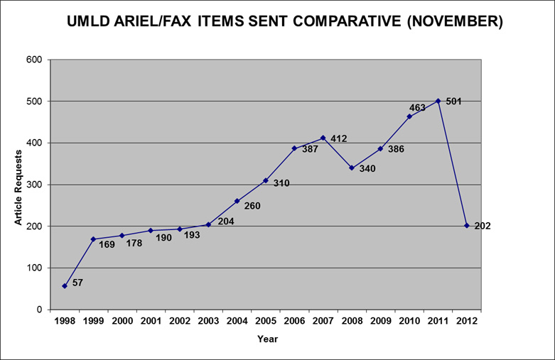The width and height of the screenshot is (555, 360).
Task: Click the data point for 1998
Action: click(x=65, y=286)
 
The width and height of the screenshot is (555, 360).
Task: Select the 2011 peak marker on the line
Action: click(x=438, y=101)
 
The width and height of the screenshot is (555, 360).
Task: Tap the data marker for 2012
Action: click(x=467, y=226)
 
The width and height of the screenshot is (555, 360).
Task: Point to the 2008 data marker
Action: click(x=352, y=168)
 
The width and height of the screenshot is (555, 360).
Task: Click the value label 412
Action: click(x=338, y=139)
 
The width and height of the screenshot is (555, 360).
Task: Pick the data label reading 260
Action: click(x=252, y=207)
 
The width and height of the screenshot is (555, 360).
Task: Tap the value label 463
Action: click(x=418, y=108)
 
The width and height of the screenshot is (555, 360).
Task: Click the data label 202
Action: click(x=483, y=227)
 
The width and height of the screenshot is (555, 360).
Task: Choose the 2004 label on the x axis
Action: click(x=237, y=322)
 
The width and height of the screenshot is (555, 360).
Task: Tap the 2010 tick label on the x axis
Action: click(x=409, y=322)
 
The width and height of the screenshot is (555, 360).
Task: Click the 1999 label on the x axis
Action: click(x=93, y=322)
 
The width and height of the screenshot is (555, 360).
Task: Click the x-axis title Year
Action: click(x=267, y=339)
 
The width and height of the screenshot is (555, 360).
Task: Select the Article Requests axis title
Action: click(x=18, y=185)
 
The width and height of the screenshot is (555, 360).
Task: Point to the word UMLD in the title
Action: click(x=87, y=22)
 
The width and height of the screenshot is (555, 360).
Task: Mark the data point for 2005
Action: click(x=266, y=180)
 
